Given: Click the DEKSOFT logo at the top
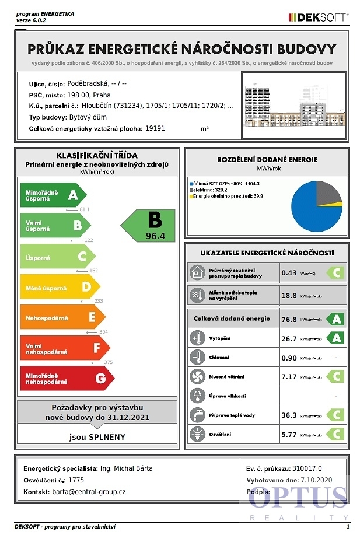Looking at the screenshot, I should point(319,17).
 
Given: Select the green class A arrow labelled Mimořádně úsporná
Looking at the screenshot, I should point(53,195).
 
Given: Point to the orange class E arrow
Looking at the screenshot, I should point(62,317).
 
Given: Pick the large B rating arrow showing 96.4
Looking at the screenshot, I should point(149,225).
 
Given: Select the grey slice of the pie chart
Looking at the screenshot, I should point(327,193).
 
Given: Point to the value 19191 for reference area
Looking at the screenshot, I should point(155,128).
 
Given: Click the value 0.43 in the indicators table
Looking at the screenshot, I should point(289,272).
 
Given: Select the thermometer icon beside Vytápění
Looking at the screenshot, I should point(197,338).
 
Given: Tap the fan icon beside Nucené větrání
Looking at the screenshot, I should point(197,376).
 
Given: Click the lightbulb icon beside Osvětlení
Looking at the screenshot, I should point(197,435).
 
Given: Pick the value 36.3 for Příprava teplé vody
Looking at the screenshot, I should point(289,415).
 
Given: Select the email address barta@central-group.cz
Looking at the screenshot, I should point(89,492).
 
